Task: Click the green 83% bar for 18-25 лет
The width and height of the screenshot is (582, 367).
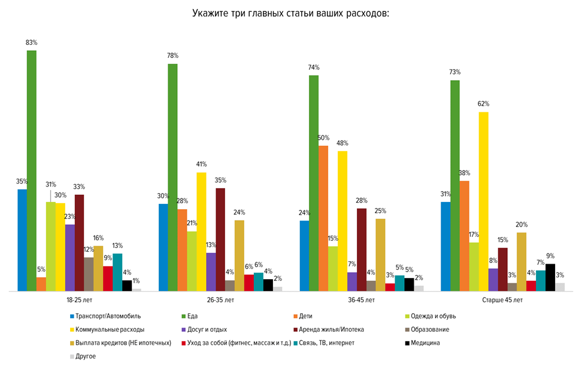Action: (x=32, y=170)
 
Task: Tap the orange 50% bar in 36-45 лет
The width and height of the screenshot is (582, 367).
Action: (x=323, y=218)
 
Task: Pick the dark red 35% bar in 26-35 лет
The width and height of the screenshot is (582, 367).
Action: (x=220, y=239)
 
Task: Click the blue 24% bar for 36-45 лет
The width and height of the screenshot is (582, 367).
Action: (x=304, y=255)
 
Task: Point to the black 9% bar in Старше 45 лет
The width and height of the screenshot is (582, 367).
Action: (x=550, y=277)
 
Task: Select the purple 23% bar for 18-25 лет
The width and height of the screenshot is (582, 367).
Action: (x=70, y=258)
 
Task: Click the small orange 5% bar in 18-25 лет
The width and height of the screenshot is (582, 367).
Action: (x=41, y=284)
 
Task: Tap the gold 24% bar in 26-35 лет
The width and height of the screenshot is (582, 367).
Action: (x=239, y=255)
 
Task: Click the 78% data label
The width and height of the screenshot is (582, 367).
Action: (x=172, y=56)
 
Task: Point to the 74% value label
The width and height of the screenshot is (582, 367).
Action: (x=314, y=68)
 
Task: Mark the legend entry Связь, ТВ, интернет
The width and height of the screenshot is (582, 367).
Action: (x=328, y=343)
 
